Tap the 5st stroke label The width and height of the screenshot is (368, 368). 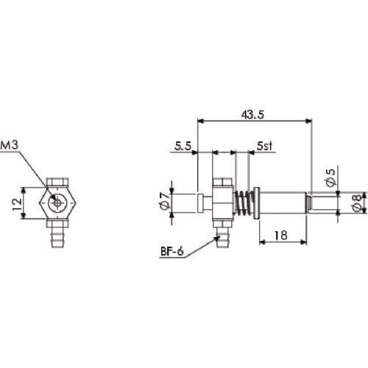[x=265, y=147]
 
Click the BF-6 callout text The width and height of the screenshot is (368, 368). [x=171, y=252]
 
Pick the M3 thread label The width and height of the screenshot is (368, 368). [x=10, y=145]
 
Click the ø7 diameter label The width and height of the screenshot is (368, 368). [x=165, y=200]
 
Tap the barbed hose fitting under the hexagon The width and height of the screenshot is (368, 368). [x=56, y=236]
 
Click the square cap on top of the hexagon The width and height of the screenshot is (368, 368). [x=56, y=181]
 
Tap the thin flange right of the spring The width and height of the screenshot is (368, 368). [x=255, y=201]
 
